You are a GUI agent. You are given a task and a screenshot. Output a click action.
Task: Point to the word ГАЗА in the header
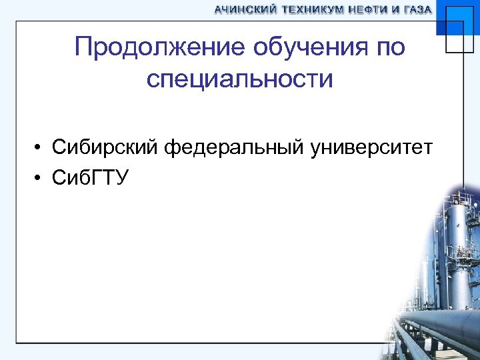click(417, 10)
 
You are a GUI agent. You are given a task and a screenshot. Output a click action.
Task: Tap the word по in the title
click(389, 48)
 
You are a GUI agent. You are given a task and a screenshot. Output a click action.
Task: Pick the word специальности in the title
click(240, 79)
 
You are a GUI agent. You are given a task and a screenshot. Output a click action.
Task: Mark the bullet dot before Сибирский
click(41, 147)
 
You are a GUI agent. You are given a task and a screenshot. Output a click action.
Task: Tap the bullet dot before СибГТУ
click(41, 178)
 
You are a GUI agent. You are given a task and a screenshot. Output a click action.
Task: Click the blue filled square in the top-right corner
click(458, 20)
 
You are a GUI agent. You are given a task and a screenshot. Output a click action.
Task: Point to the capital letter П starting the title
click(85, 48)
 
